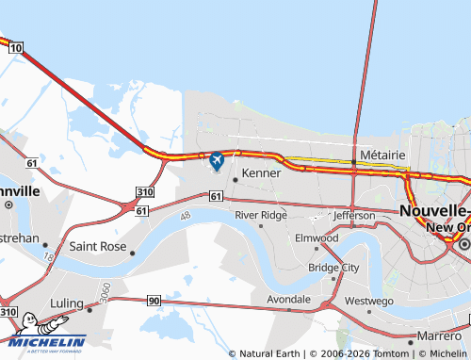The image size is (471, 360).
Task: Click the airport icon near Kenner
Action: [217, 161]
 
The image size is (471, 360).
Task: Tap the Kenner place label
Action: [261, 173]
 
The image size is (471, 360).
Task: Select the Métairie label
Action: [382, 154]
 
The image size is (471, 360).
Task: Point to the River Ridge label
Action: [261, 215]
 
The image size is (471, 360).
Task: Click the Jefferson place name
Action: [353, 216]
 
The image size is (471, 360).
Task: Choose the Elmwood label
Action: [316, 238]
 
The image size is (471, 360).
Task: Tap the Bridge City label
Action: [333, 268]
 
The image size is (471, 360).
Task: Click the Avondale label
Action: [288, 299]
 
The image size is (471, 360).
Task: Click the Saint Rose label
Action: [98, 247]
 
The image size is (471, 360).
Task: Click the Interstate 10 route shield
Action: [16, 47]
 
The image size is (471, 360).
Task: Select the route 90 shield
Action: [154, 301]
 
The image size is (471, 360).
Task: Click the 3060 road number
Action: [106, 289]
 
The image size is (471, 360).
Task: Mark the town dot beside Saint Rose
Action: [133, 253]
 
